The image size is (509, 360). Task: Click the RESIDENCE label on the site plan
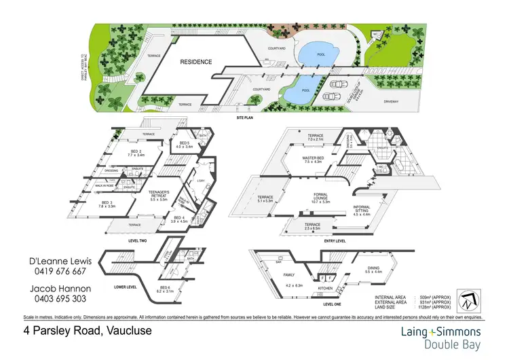[196, 62]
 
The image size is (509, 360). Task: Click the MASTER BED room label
[317, 159]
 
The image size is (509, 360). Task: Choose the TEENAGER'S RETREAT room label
[163, 194]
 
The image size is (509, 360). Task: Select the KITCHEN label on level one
[326, 287]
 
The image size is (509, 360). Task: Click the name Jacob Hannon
[57, 289]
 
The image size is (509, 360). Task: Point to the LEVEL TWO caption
[138, 240]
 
